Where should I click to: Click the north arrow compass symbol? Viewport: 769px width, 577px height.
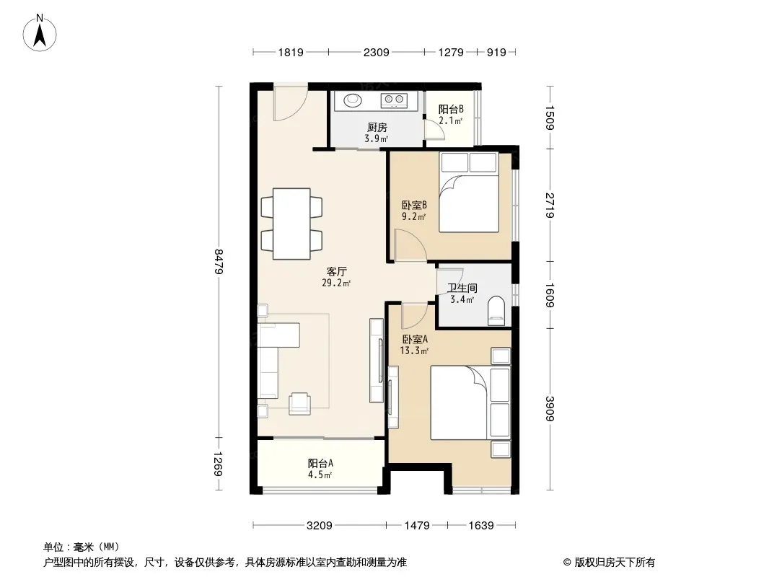click(x=40, y=33)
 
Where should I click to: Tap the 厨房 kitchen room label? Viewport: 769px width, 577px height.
click(x=377, y=128)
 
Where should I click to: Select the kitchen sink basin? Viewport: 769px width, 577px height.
click(x=352, y=100)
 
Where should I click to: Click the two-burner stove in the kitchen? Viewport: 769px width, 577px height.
click(x=394, y=100)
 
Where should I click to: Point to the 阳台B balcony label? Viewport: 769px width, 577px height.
click(x=451, y=109)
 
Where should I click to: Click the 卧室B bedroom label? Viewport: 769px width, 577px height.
click(x=414, y=204)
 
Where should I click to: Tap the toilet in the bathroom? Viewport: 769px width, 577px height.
click(x=496, y=310)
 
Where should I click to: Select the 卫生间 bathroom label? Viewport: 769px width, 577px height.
click(x=462, y=288)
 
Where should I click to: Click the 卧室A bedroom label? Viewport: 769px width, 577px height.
click(x=415, y=339)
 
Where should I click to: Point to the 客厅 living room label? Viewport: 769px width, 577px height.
click(x=337, y=271)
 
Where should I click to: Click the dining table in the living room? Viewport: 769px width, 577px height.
click(x=291, y=224)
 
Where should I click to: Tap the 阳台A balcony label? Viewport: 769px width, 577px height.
click(x=321, y=463)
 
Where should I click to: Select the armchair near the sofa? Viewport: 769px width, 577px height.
click(x=299, y=403)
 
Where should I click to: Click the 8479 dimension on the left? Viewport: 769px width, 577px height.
click(x=219, y=262)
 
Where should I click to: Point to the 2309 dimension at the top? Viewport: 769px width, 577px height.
click(x=376, y=52)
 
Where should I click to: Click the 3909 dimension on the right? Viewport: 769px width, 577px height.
click(x=550, y=408)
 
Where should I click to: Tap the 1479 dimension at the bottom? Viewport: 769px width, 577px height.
click(x=417, y=526)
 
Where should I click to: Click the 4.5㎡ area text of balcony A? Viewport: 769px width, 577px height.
click(x=320, y=475)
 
